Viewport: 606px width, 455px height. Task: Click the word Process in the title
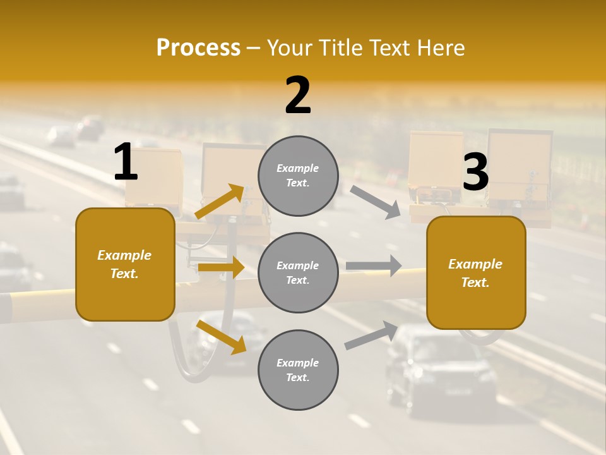pos(198,48)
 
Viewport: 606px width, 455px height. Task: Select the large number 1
pos(126,162)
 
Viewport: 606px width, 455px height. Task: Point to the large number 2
pos(298,95)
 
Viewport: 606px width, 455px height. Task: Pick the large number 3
pos(475,172)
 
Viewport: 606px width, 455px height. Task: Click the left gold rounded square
pos(125,264)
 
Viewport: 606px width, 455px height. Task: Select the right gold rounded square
pos(476,273)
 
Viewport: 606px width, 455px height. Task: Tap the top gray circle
pos(298,176)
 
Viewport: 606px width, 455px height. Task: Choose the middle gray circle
pos(298,272)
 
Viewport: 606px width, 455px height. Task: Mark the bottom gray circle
pos(298,370)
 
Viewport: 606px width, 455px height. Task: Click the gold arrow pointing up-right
pos(220,202)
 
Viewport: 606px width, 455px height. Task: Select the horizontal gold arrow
pos(221,267)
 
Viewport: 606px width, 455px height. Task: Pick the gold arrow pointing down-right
pos(222,337)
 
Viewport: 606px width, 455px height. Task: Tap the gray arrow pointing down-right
pos(375,202)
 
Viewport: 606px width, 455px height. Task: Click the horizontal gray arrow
pos(374,265)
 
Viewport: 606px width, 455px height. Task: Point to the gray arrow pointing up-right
pos(371,335)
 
